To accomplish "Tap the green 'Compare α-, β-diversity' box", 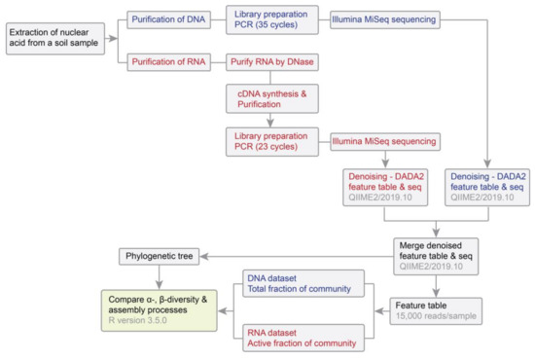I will point(159,305).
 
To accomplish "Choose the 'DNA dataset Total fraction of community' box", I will point(299,284).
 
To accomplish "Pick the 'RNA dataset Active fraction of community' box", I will point(299,336).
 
